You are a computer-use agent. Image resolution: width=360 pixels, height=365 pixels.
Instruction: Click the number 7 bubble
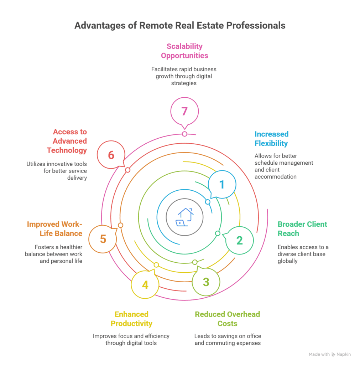tap(184, 111)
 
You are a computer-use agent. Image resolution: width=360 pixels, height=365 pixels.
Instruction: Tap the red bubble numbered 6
tap(111, 155)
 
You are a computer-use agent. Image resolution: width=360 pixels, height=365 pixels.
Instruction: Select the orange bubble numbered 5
tap(103, 238)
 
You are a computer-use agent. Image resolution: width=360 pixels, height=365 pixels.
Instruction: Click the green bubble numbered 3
tap(206, 282)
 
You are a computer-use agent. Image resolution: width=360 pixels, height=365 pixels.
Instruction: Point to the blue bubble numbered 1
tap(222, 184)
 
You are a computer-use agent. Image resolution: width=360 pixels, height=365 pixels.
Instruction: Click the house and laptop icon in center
tap(184, 217)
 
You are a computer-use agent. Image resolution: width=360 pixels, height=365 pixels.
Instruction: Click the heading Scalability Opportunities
tap(184, 51)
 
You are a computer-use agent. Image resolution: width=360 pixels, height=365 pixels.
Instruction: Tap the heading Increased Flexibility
tap(271, 139)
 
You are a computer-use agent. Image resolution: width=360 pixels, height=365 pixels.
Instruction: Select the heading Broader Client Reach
tap(302, 228)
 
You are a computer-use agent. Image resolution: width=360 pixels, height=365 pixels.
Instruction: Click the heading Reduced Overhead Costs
tap(227, 319)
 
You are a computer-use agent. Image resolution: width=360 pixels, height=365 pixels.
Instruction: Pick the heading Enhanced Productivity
tap(131, 319)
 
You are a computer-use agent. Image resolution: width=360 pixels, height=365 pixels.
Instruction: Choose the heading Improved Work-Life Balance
tap(54, 228)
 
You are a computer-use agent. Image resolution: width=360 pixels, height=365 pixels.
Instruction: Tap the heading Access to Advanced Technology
tap(67, 141)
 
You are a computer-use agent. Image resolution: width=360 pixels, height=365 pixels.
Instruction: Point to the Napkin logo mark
tap(333, 354)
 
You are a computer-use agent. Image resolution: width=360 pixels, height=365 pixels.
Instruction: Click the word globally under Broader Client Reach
tap(288, 261)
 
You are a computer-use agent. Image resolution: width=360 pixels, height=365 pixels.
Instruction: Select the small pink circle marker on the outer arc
tap(184, 134)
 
